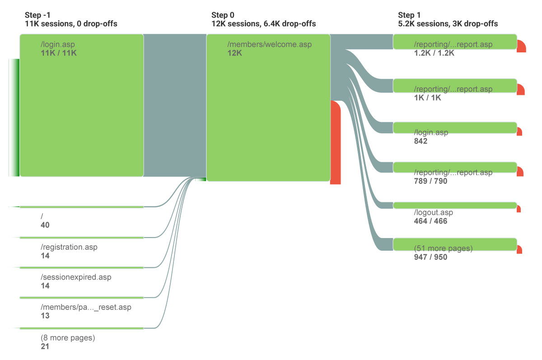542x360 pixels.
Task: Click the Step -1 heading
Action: (37, 15)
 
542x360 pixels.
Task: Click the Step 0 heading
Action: (223, 15)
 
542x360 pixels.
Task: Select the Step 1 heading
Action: (409, 15)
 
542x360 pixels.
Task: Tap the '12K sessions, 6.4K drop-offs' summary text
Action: (263, 23)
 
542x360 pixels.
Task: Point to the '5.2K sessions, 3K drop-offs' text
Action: (448, 23)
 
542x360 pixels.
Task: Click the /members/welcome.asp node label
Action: (270, 44)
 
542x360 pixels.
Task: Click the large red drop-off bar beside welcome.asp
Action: (335, 142)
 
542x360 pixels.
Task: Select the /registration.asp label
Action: (69, 247)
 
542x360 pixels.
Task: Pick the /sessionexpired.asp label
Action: (76, 277)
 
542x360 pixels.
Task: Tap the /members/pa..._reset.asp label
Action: (86, 307)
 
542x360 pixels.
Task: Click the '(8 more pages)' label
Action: (68, 337)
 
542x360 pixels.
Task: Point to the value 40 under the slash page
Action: (45, 225)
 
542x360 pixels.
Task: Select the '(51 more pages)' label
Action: (443, 248)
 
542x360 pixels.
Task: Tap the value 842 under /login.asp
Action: (421, 141)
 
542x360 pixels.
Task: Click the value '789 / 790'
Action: (430, 181)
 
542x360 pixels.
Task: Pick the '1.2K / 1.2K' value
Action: (434, 53)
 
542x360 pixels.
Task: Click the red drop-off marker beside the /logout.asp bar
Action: (519, 209)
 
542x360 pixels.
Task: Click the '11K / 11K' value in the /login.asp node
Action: (59, 53)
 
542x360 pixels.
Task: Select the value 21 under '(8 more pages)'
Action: (45, 346)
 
